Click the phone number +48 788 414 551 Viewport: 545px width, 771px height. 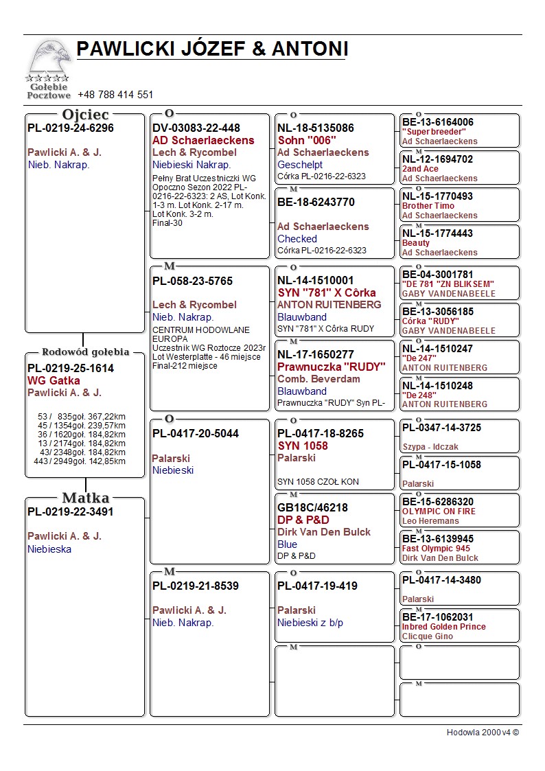pyautogui.click(x=115, y=95)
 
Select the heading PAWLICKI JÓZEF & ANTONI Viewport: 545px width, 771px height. pyautogui.click(x=212, y=49)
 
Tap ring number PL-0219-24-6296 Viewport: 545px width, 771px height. pyautogui.click(x=71, y=128)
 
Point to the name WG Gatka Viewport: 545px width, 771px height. pyautogui.click(x=54, y=380)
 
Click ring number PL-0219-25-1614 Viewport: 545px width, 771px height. pyautogui.click(x=71, y=369)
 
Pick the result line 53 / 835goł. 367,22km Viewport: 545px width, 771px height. pyautogui.click(x=82, y=417)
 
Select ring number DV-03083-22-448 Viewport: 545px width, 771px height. pyautogui.click(x=196, y=128)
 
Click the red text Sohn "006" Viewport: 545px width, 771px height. pyautogui.click(x=307, y=140)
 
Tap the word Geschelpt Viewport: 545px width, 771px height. pyautogui.click(x=300, y=165)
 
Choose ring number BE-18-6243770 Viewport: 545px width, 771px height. pyautogui.click(x=316, y=203)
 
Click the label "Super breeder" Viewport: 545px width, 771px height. pyautogui.click(x=434, y=132)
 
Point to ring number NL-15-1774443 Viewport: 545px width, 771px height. pyautogui.click(x=437, y=233)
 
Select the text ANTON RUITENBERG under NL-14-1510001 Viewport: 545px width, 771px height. pyautogui.click(x=329, y=305)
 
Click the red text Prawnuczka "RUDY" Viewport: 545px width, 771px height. pyautogui.click(x=332, y=367)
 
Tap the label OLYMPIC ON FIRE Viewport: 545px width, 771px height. pyautogui.click(x=439, y=511)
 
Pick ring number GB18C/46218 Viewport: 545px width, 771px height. pyautogui.click(x=312, y=508)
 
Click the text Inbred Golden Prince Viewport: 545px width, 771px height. pyautogui.click(x=443, y=627)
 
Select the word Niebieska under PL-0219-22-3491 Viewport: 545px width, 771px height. pyautogui.click(x=49, y=549)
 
